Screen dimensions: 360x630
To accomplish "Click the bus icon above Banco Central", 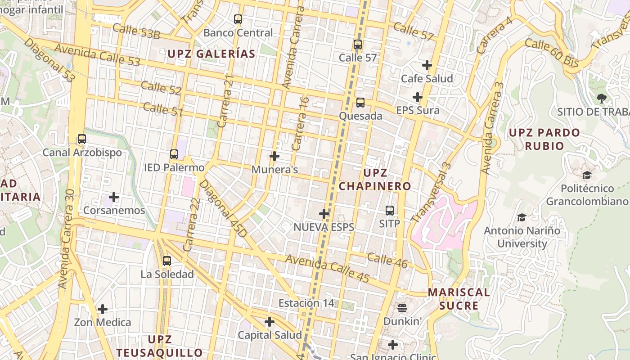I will click(238, 19).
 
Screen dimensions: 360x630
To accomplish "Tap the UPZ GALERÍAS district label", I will click(211, 54).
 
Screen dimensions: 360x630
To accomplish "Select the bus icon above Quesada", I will click(360, 103).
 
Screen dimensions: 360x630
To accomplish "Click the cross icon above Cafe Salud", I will click(427, 65).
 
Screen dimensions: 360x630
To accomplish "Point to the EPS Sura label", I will click(418, 110).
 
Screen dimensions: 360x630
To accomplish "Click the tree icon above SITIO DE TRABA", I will click(601, 98).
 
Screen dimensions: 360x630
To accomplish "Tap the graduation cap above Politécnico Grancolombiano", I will click(587, 175).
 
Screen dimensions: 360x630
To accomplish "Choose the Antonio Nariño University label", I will click(522, 237).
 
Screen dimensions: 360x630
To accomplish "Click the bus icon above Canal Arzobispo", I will click(81, 139).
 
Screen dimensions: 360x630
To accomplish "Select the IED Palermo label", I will click(174, 168).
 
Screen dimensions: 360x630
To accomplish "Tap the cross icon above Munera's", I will click(274, 156).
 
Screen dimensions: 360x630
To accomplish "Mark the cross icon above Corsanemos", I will click(114, 197).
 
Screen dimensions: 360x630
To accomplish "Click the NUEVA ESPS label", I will click(324, 227).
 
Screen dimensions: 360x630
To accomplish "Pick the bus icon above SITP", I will click(390, 210).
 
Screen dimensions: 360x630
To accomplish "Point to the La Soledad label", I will click(167, 274).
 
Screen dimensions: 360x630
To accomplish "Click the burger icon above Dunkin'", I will click(402, 308).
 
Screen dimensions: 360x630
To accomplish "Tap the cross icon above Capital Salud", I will click(270, 322).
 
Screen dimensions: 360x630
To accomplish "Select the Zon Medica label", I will click(103, 322).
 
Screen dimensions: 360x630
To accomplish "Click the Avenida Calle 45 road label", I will click(327, 269).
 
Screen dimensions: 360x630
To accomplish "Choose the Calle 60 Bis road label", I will click(552, 53).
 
